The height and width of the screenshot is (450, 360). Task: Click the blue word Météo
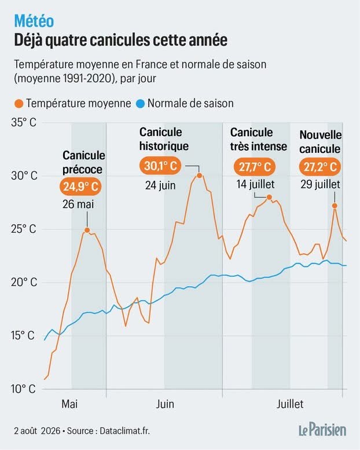coord(34,21)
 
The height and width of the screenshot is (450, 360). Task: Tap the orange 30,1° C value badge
coord(160,166)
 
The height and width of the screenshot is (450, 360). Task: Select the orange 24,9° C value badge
coord(81,187)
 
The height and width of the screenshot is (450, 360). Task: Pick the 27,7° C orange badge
coord(255,167)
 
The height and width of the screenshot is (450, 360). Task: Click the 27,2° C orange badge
coord(320,167)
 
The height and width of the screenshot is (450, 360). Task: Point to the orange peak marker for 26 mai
coord(87,230)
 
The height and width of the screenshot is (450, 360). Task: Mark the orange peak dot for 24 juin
coord(199,175)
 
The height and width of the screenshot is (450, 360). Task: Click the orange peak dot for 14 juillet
coord(269,197)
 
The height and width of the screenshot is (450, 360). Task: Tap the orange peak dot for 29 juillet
coord(335,206)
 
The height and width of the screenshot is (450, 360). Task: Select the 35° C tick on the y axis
coord(24,123)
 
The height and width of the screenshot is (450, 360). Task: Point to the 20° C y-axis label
coord(24,282)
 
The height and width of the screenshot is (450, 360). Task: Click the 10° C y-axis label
coord(23,389)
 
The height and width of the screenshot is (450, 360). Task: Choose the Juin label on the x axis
coord(165,404)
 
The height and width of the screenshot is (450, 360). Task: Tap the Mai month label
coord(69,404)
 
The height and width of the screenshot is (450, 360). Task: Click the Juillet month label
coord(290,404)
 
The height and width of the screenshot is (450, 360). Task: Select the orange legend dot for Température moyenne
coord(19,104)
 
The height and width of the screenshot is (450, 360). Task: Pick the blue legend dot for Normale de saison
coord(140,104)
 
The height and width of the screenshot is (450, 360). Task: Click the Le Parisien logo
coord(322,430)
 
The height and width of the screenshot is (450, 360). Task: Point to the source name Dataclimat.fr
coord(124,431)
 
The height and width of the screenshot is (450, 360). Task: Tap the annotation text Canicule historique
coord(164,139)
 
